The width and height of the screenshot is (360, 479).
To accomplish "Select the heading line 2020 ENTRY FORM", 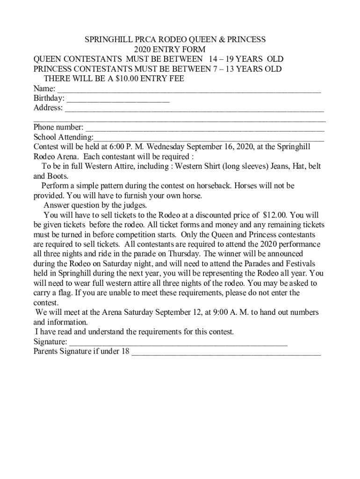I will coord(170,50).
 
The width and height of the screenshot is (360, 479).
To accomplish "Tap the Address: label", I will coord(48,108).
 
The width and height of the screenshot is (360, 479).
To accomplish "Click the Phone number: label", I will coord(59,127).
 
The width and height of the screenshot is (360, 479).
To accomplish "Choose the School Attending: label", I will coord(63,137).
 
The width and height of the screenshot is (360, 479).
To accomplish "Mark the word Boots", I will coord(57,176).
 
